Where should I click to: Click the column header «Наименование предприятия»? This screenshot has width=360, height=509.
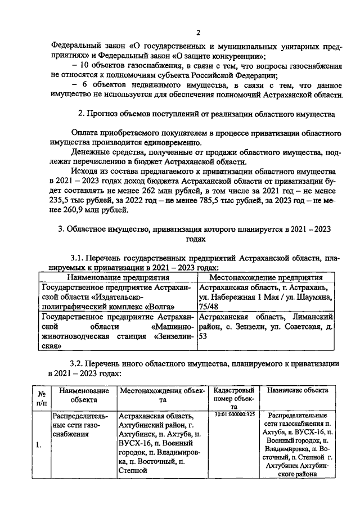(x=118, y=277)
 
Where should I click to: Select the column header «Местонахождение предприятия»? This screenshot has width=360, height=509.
(x=265, y=277)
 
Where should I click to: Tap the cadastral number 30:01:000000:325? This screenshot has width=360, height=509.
(x=235, y=415)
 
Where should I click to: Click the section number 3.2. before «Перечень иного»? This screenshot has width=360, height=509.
(x=78, y=363)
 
